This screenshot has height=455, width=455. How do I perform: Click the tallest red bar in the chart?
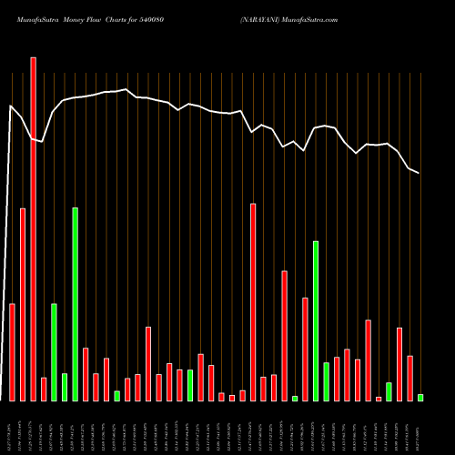(34, 228)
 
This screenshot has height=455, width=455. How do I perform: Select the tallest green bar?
(76, 304)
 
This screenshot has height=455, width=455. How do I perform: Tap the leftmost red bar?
(13, 351)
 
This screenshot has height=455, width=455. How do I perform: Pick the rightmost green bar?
(420, 397)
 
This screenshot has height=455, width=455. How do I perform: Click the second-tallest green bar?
(316, 320)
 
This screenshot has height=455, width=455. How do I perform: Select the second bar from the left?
(23, 304)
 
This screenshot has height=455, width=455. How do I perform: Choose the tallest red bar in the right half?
(253, 301)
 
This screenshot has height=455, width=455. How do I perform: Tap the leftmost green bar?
(55, 351)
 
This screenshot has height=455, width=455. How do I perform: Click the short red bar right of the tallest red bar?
(44, 389)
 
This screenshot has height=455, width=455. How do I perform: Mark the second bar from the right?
(410, 378)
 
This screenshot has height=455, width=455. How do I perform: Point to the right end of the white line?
(420, 173)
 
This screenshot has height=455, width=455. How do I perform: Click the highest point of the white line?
(126, 89)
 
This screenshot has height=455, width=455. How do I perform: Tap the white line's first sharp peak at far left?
(11, 106)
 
